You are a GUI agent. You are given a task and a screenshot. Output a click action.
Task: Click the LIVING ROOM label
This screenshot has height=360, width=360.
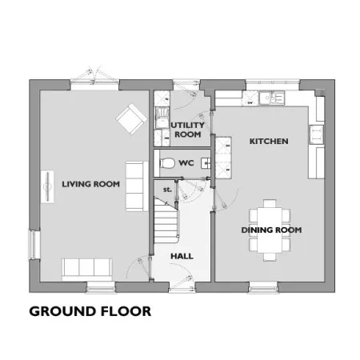[x=90, y=184]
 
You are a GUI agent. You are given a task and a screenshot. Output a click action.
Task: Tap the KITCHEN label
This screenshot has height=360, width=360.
[x=269, y=141]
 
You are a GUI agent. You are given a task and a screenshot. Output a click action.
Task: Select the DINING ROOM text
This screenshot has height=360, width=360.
[x=271, y=230]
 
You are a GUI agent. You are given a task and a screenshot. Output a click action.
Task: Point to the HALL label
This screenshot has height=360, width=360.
[x=182, y=256]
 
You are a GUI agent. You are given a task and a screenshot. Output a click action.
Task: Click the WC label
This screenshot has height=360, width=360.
[x=186, y=163]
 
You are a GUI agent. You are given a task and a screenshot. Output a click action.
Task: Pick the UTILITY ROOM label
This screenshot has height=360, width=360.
[x=188, y=130]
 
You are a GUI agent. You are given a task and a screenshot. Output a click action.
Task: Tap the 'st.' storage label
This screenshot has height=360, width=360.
[x=167, y=190]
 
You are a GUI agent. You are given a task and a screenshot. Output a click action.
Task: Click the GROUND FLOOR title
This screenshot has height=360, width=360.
[x=90, y=311]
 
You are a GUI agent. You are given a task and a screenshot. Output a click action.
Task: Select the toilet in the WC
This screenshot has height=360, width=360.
[x=166, y=163]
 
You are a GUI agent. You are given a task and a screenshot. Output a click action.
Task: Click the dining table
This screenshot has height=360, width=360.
[x=270, y=230]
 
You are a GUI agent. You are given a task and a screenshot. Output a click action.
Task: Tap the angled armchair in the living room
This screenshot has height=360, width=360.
[x=131, y=118]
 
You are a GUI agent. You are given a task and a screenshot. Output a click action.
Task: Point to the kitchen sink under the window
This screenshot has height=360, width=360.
[x=272, y=98]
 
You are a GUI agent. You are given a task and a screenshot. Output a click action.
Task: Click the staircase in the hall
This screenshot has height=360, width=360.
[x=166, y=220]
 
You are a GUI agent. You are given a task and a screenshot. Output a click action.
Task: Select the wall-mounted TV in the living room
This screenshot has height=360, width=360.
[x=47, y=186]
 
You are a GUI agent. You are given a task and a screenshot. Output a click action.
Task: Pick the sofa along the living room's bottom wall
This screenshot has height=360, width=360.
[x=87, y=270]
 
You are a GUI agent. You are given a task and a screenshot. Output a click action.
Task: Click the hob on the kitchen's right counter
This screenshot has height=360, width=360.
[x=316, y=134]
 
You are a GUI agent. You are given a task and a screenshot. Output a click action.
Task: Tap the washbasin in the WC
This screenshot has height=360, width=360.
[x=206, y=163]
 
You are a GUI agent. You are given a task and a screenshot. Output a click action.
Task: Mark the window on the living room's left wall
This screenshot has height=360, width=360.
[x=34, y=245]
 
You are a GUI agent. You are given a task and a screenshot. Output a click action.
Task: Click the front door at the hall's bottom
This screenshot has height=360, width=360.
[x=182, y=287]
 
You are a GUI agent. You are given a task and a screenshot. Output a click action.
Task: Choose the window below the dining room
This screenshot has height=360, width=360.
[x=263, y=287]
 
